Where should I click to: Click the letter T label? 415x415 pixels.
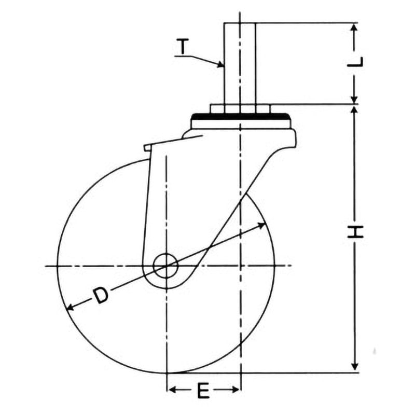(183, 46)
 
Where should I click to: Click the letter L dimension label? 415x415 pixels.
(355, 62)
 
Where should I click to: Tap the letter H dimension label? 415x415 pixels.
(355, 232)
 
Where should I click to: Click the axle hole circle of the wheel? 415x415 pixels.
(165, 266)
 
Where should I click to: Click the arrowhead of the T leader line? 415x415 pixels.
(220, 64)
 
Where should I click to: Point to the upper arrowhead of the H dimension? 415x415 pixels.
(355, 111)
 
